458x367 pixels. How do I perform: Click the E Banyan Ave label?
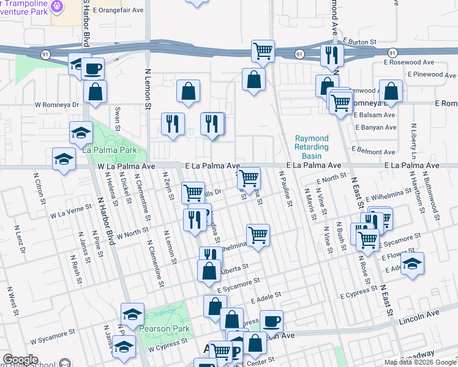coord(375,127)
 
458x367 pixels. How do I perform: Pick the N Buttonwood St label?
coord(438,195)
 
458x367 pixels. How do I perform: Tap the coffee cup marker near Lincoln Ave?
coord(271,321)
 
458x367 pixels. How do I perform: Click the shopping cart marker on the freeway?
coord(263,51)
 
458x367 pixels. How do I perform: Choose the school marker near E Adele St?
coord(413,263)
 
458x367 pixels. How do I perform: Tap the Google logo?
coord(20,360)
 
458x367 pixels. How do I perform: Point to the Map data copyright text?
coord(419,362)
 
